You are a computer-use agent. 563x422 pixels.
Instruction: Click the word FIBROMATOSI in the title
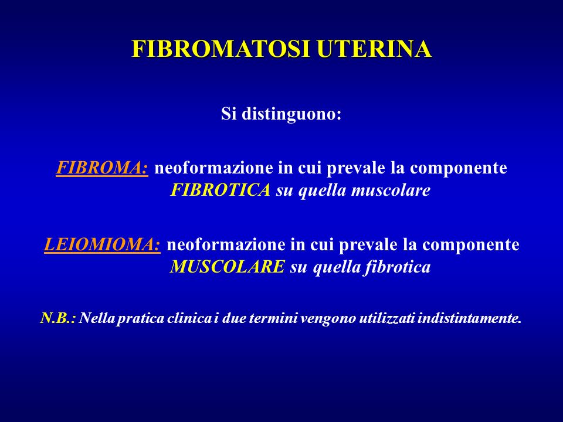coord(221,49)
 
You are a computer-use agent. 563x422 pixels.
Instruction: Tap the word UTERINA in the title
coord(374,49)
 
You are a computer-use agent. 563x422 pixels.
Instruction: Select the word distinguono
coord(291,115)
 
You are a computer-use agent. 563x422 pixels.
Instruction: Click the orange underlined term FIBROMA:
coord(102,168)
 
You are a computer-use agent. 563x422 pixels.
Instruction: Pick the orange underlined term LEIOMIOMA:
coord(102,244)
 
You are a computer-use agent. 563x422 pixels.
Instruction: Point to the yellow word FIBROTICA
coord(220,190)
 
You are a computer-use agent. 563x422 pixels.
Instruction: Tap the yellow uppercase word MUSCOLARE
coord(228,267)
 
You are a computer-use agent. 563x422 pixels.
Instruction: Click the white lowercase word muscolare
coord(391,190)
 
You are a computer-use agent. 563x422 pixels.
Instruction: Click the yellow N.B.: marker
coord(58,318)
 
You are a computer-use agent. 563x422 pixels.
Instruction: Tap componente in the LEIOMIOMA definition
coord(471,245)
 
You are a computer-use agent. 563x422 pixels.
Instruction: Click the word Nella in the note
coord(97,318)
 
